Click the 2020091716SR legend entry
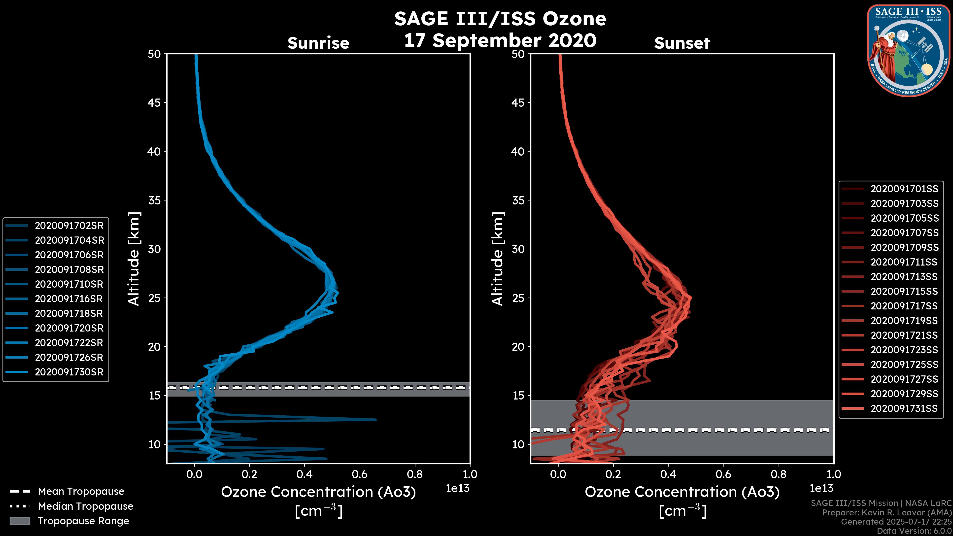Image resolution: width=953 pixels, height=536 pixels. pos(69,299)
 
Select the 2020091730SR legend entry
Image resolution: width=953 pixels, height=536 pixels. pos(69,372)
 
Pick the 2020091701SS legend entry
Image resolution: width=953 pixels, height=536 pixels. pos(904,189)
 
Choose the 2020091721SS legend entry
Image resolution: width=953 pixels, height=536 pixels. pos(904,335)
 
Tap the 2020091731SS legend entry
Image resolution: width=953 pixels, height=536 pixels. pos(904,409)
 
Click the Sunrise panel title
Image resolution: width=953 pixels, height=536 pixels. pos(318,43)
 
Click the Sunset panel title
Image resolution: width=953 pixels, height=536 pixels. pos(682,43)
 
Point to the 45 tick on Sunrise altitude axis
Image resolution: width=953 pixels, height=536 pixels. pos(154,103)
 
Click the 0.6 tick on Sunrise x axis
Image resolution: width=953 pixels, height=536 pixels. pos(360,474)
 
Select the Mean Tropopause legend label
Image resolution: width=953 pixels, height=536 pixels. pos(81,492)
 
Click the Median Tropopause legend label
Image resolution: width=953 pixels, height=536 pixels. pos(85,506)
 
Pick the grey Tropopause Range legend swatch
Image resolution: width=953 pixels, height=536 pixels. pos(20,521)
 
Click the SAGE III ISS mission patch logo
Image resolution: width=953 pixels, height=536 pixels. pos(908,50)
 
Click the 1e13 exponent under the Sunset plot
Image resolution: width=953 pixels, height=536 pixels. pos(821,489)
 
